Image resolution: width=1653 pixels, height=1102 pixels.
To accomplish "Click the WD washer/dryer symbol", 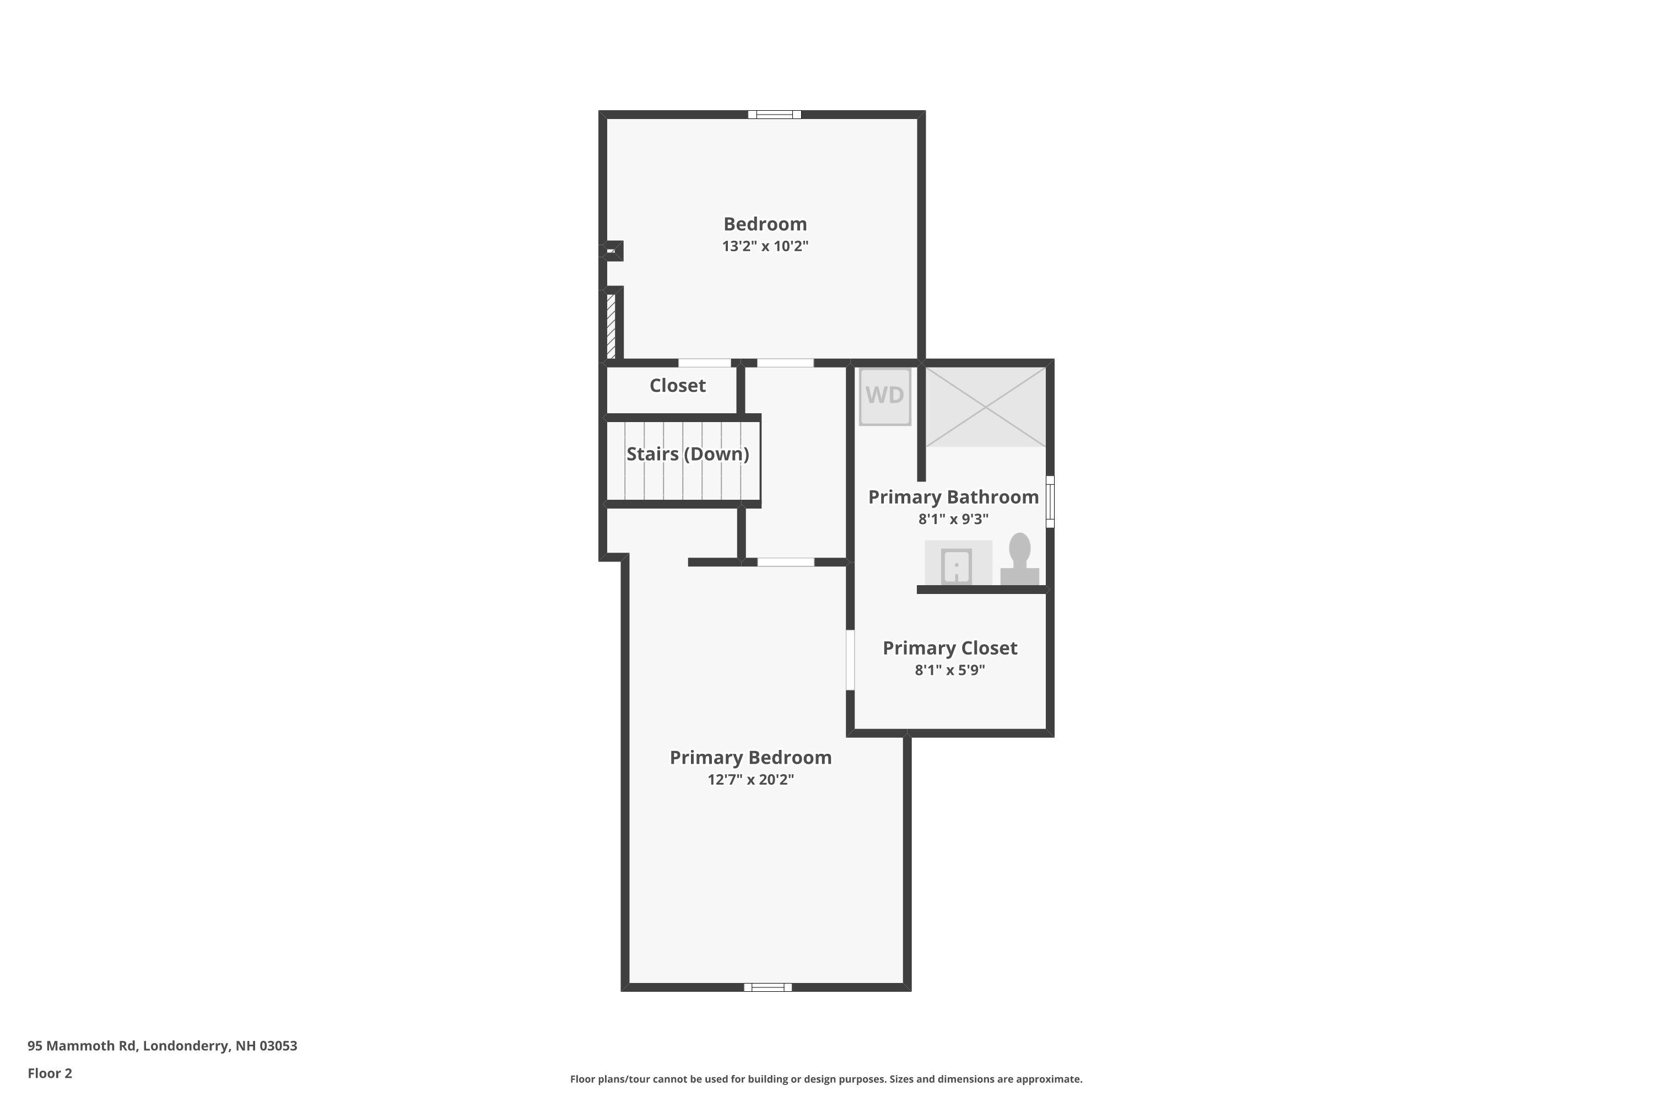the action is pos(885,396).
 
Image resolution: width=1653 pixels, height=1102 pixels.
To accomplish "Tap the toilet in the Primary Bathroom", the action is pos(1020,559).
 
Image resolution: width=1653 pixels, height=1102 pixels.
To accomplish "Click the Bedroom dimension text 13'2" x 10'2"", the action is pos(765,246).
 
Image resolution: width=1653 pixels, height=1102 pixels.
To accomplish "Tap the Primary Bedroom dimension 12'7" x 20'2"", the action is pos(750,780).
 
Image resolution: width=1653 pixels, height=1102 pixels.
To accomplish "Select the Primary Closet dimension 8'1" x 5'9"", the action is pos(949,670).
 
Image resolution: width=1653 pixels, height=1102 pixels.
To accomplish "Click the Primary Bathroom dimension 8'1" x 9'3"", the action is pos(953,518).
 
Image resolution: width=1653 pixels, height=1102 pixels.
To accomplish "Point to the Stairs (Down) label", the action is pos(687,454).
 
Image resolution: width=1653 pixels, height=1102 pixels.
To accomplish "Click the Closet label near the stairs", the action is pos(678,385).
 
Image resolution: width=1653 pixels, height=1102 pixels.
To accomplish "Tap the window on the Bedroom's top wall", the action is pos(775,115).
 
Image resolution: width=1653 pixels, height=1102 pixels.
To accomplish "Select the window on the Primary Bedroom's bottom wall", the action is pos(768,987).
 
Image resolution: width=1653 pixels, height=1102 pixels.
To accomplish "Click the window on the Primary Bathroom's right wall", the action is pos(1050,502).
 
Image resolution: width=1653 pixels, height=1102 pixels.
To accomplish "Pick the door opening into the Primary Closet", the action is pos(850,659).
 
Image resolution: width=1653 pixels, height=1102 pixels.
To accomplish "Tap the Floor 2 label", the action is pos(50,1073).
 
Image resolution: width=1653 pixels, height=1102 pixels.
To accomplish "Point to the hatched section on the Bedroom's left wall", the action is pos(611,326).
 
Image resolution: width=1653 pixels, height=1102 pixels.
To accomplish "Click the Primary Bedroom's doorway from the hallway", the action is pos(786,562).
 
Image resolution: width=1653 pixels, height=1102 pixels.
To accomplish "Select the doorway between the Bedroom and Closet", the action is pos(704,363).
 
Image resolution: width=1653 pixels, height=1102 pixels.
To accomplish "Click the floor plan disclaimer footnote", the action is pos(826,1079).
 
